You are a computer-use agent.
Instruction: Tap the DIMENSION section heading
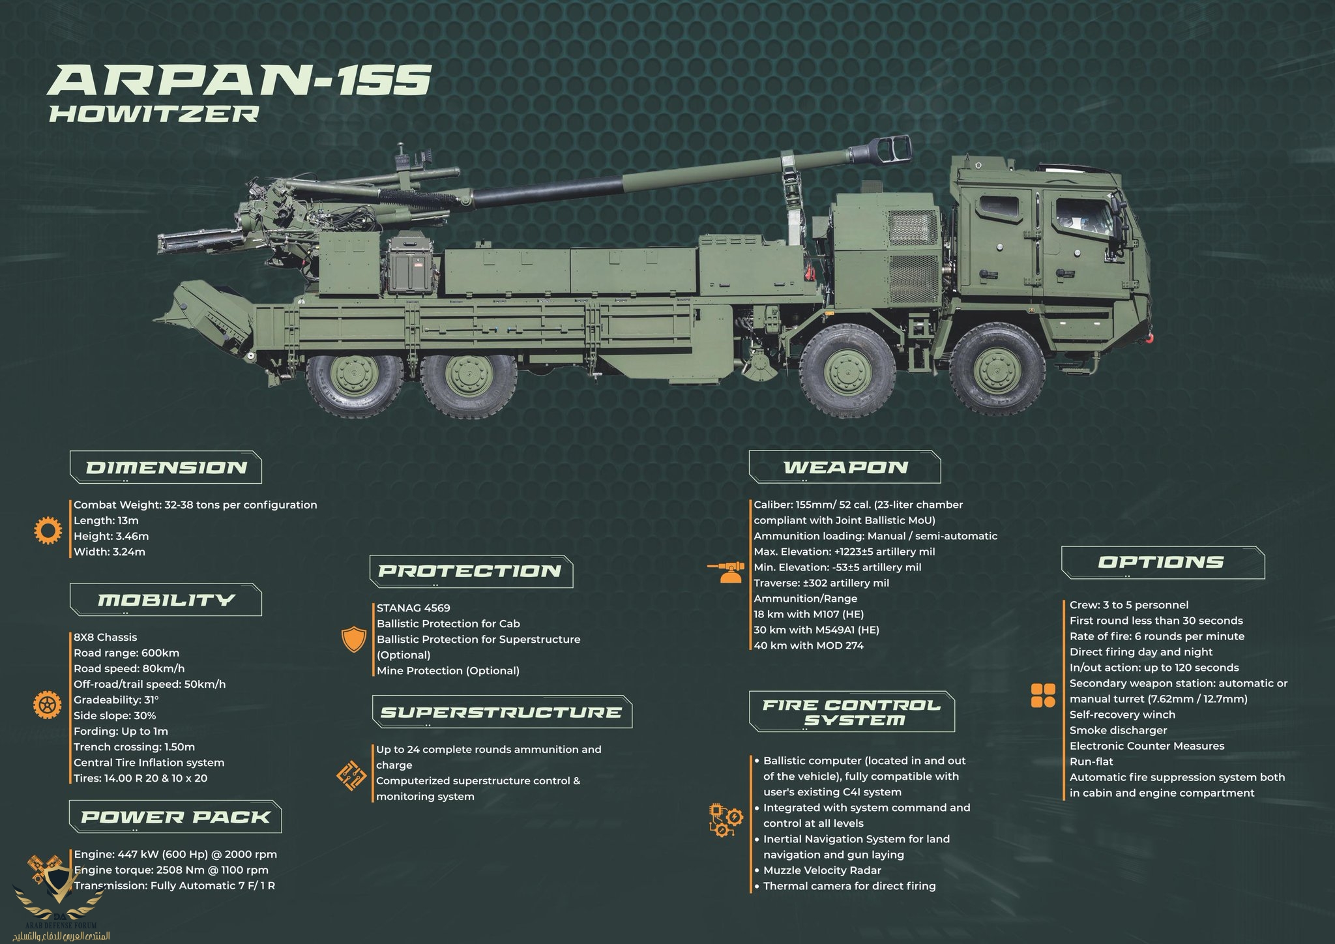tap(166, 467)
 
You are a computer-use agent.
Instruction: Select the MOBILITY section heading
tap(166, 600)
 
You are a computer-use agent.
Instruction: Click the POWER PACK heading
tap(175, 817)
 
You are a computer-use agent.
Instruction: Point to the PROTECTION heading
tap(470, 571)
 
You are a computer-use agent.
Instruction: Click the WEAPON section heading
tap(845, 467)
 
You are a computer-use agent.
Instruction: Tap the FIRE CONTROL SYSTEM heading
tap(852, 713)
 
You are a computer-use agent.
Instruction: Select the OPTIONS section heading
tap(1162, 562)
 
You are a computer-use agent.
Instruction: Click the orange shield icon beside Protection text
tap(354, 641)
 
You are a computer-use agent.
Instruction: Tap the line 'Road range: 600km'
tap(126, 653)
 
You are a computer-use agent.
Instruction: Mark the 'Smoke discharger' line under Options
tap(1118, 730)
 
